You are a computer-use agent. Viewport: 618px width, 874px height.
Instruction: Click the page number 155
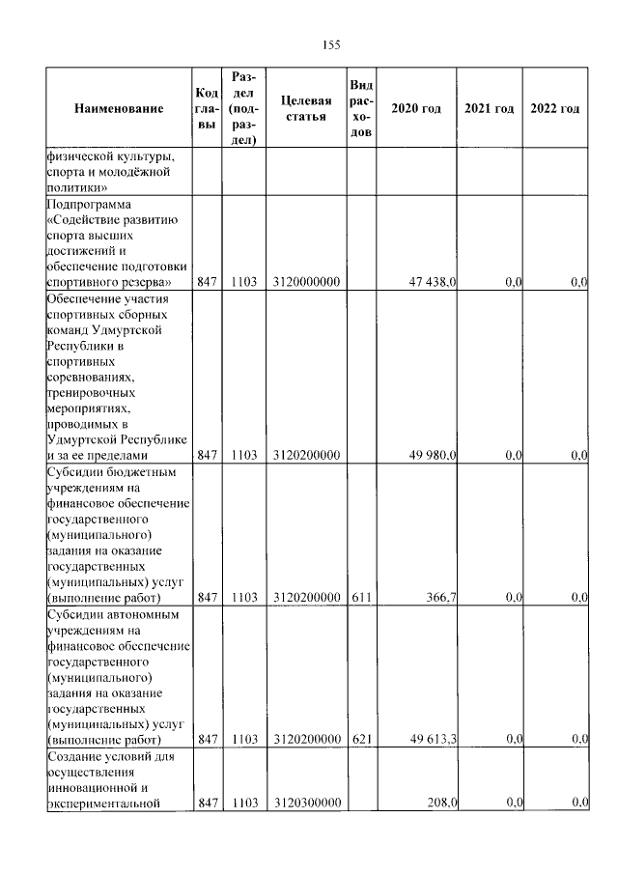pyautogui.click(x=331, y=45)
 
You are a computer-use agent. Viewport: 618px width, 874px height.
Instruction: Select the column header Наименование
pyautogui.click(x=119, y=109)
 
